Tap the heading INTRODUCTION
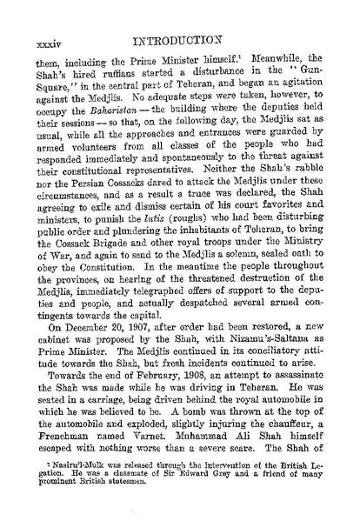point(180,15)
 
